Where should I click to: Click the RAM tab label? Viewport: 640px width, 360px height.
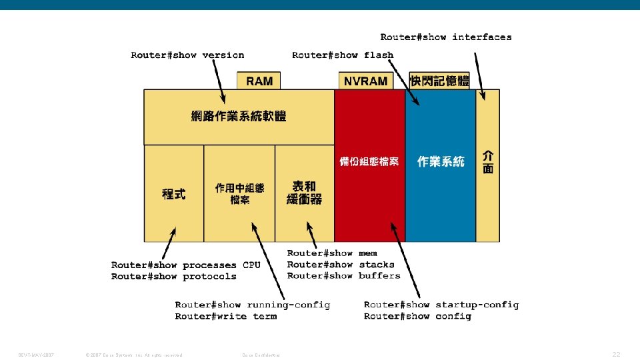(x=259, y=81)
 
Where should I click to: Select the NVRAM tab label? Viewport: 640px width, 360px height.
(x=365, y=81)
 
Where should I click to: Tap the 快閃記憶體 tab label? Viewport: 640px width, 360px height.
(x=439, y=81)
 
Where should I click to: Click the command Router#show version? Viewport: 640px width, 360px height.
(x=187, y=55)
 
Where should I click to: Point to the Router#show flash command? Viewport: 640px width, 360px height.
(x=343, y=55)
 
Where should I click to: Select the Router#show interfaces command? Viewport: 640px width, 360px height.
(x=446, y=37)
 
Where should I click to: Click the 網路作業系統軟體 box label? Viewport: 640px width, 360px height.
(x=239, y=117)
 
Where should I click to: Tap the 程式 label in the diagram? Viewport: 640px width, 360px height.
(x=174, y=194)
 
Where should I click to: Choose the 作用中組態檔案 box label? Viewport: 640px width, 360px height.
(x=239, y=193)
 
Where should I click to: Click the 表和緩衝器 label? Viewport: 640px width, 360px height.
(x=304, y=193)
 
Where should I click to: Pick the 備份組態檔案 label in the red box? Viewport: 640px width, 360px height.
(x=369, y=162)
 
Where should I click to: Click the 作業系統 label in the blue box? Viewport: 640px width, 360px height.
(x=441, y=161)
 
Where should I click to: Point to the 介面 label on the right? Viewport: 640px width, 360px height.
(x=488, y=162)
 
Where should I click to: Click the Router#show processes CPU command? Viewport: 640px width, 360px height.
(x=186, y=265)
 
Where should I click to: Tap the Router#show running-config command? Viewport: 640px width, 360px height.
(x=253, y=305)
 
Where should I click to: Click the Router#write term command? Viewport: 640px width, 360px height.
(x=226, y=317)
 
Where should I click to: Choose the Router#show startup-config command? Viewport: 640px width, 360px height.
(x=441, y=305)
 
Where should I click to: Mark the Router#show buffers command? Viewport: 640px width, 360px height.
(x=344, y=276)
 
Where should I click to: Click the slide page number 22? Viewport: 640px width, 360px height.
(x=616, y=354)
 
